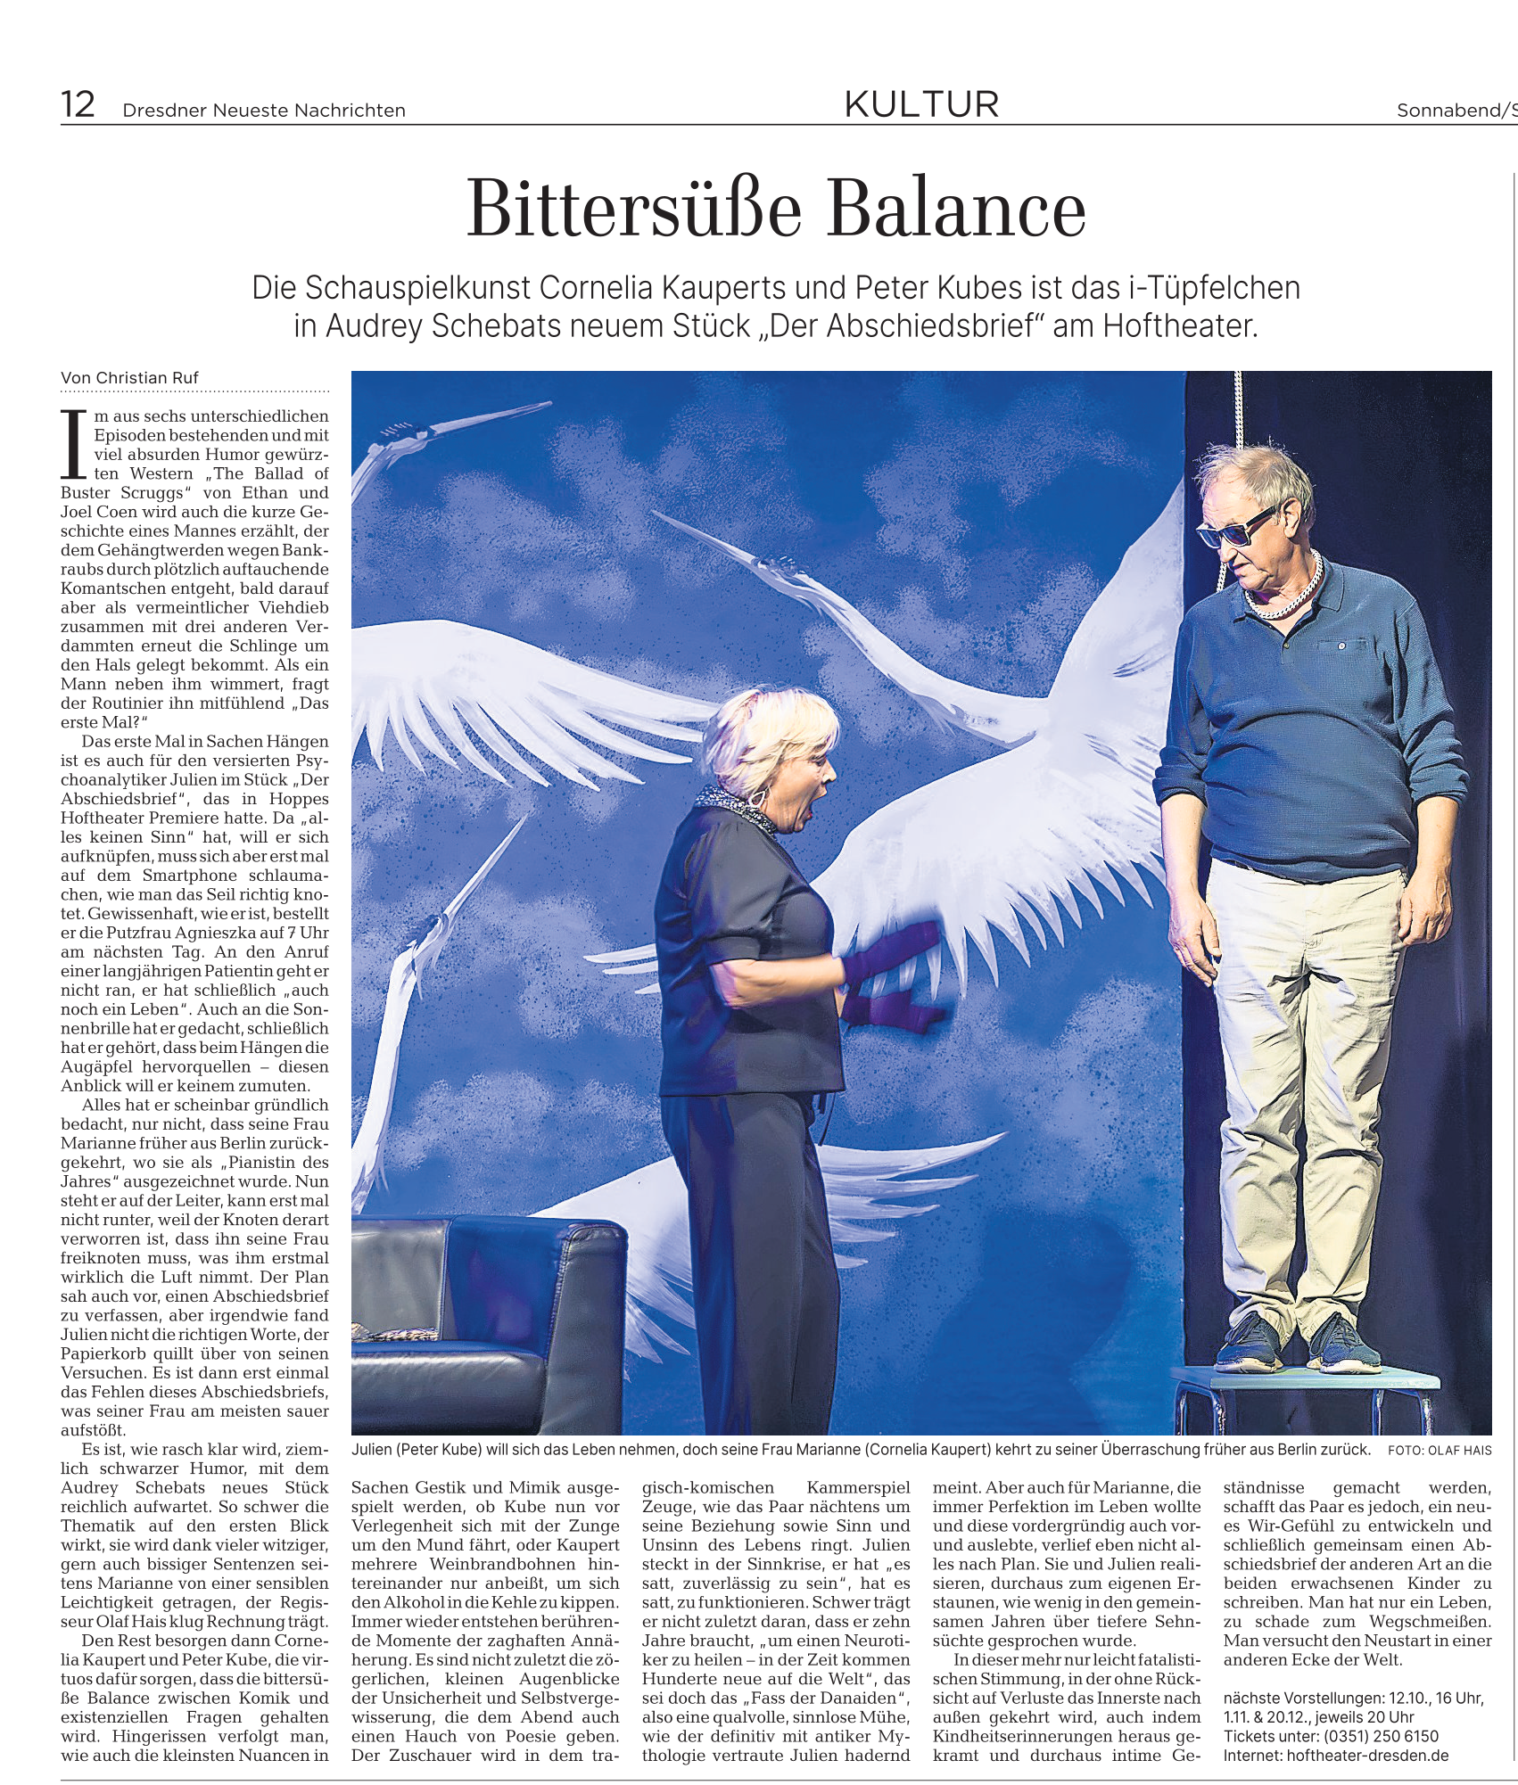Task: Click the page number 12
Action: (x=78, y=105)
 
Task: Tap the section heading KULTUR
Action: (x=921, y=105)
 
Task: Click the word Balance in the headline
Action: (x=957, y=210)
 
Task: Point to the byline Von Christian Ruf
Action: (x=129, y=378)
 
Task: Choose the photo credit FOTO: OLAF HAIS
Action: (x=1439, y=1451)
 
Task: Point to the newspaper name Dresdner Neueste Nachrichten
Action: (x=264, y=111)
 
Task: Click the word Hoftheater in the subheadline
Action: (x=1179, y=326)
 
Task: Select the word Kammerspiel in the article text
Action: (x=858, y=1488)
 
